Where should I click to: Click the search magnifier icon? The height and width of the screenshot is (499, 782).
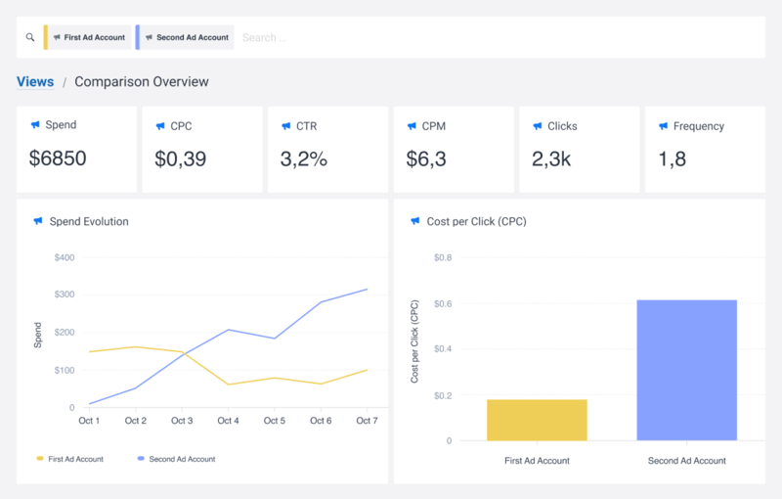click(30, 38)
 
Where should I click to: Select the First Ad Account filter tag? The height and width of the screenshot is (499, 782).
click(90, 38)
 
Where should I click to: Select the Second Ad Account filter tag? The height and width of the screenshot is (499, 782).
click(187, 38)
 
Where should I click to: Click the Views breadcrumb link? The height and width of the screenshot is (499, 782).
click(35, 82)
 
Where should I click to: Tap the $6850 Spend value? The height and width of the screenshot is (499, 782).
click(58, 159)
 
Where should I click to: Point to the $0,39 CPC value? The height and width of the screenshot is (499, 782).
click(181, 159)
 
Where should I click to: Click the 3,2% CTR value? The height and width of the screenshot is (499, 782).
click(305, 159)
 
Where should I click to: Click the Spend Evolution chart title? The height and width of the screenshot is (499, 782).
click(89, 222)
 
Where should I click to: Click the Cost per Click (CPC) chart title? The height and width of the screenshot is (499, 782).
click(475, 222)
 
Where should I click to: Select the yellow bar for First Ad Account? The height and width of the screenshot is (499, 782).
click(537, 420)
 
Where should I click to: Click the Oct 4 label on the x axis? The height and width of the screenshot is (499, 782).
click(228, 421)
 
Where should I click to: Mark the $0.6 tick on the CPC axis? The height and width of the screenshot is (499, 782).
click(443, 303)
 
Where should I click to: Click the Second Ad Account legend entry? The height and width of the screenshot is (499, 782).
click(182, 459)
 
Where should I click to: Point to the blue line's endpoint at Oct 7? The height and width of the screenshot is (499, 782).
click(367, 289)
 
